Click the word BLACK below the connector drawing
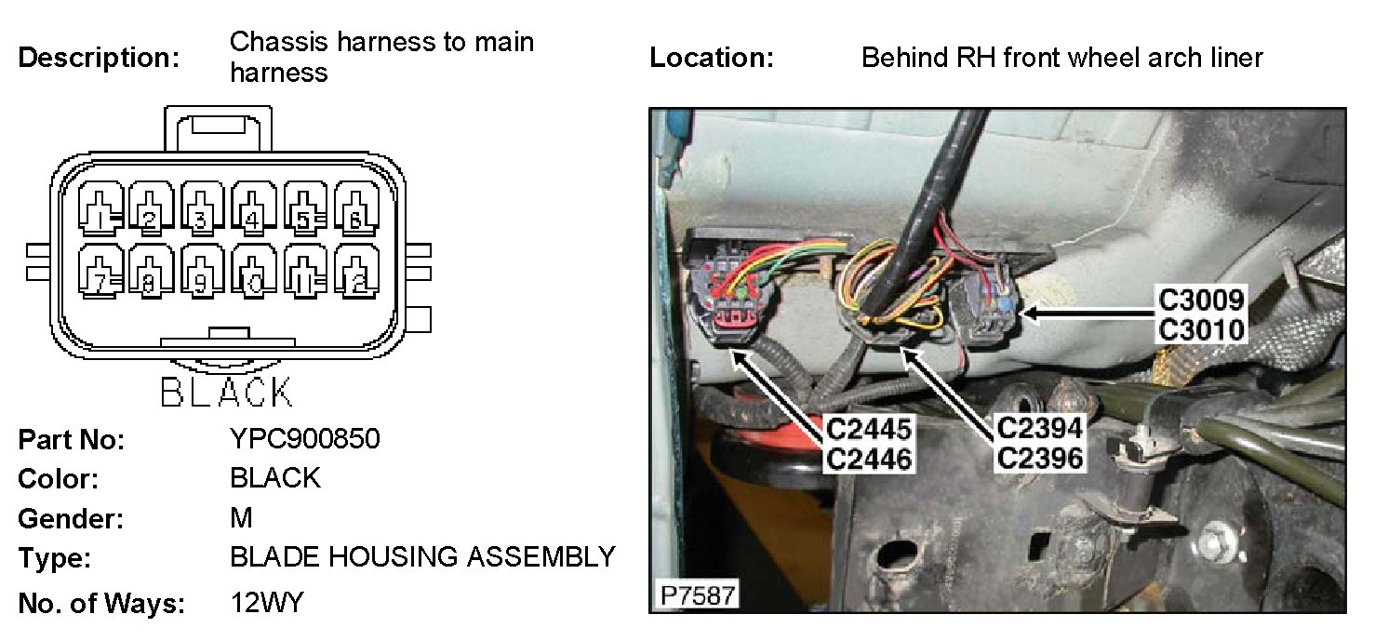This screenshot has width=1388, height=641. click(x=226, y=392)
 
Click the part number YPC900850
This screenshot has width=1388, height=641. click(x=304, y=438)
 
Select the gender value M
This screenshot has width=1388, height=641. click(x=240, y=517)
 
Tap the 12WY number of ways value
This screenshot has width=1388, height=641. click(x=266, y=603)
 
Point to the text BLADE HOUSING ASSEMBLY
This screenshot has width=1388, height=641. click(x=422, y=557)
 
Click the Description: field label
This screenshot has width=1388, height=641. click(x=99, y=58)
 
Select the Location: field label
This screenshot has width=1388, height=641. click(x=712, y=58)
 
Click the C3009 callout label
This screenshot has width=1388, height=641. click(x=1201, y=300)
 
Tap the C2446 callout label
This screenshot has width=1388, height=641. click(x=869, y=458)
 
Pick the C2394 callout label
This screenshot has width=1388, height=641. click(x=1039, y=428)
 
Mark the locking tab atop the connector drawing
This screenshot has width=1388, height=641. click(x=219, y=128)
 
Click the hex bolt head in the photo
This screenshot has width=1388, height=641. click(x=1213, y=537)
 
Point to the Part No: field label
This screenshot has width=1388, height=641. click(x=71, y=439)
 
